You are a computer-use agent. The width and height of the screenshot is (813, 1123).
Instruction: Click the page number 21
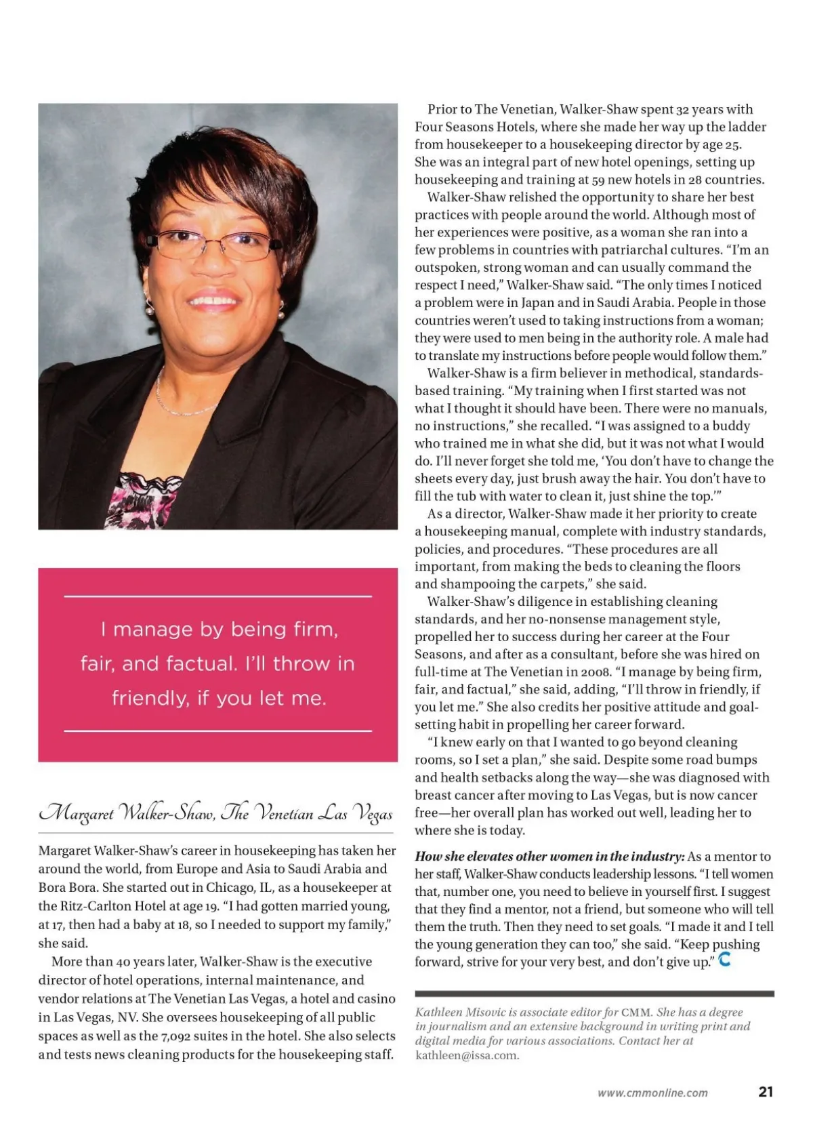[766, 1091]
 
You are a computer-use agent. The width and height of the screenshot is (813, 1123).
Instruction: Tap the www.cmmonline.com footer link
[652, 1093]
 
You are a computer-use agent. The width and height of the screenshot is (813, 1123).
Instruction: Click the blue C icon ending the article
[724, 959]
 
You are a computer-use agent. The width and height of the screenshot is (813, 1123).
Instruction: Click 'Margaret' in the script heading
[77, 812]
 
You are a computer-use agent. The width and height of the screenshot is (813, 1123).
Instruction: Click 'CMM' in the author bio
[637, 1012]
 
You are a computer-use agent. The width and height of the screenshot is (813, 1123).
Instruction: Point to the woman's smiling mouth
[212, 299]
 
